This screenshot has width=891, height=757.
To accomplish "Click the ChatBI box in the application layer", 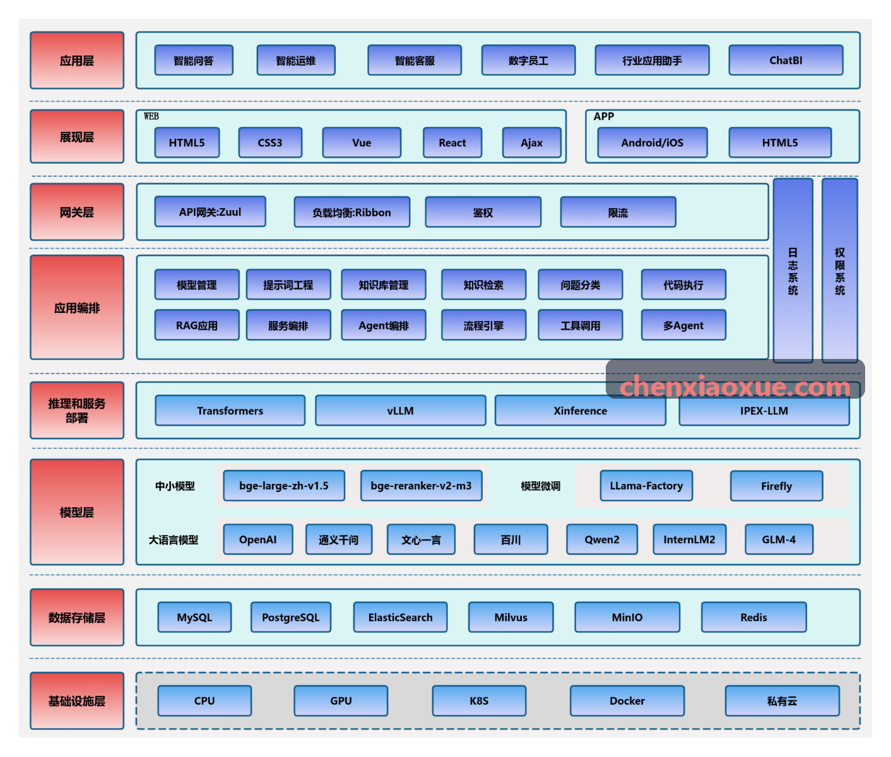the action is pos(786,61).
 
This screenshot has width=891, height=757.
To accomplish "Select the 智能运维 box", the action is pos(296,61).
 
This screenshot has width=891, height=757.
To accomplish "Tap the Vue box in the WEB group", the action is pos(362,143).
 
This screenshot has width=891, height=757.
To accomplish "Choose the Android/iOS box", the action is pos(652,143).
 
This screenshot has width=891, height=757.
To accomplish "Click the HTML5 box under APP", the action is pos(780,143).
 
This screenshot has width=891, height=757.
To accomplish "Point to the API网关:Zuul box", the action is pos(210,211).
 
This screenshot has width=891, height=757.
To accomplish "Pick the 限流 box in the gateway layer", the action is pos(618,212).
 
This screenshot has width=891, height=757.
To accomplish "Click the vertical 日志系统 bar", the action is pos(793,271).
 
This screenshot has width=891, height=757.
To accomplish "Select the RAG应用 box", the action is pos(197,326).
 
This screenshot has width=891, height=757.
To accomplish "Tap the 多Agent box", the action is pos(683,326).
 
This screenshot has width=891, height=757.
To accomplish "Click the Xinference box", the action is pos(580,411).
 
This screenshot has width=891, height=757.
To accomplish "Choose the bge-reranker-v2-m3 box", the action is pos(421,486).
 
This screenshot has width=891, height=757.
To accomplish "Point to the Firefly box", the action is pos(776,486).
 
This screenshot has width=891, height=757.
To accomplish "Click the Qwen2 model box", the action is pos(602,539).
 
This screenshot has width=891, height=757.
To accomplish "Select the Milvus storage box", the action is pos(510,618).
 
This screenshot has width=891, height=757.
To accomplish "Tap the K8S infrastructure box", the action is pos(479,701).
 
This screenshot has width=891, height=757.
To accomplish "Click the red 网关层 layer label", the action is pos(77,212).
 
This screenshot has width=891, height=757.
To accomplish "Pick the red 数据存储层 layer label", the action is pos(77,618).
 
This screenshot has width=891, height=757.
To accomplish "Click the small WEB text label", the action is pos(151,116).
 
